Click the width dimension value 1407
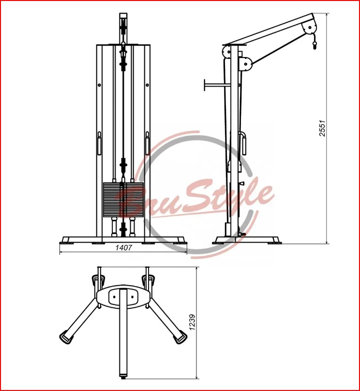pyautogui.click(x=123, y=247)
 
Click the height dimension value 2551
pyautogui.click(x=323, y=129)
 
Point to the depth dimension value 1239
pyautogui.click(x=192, y=323)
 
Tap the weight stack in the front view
pyautogui.click(x=123, y=200)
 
